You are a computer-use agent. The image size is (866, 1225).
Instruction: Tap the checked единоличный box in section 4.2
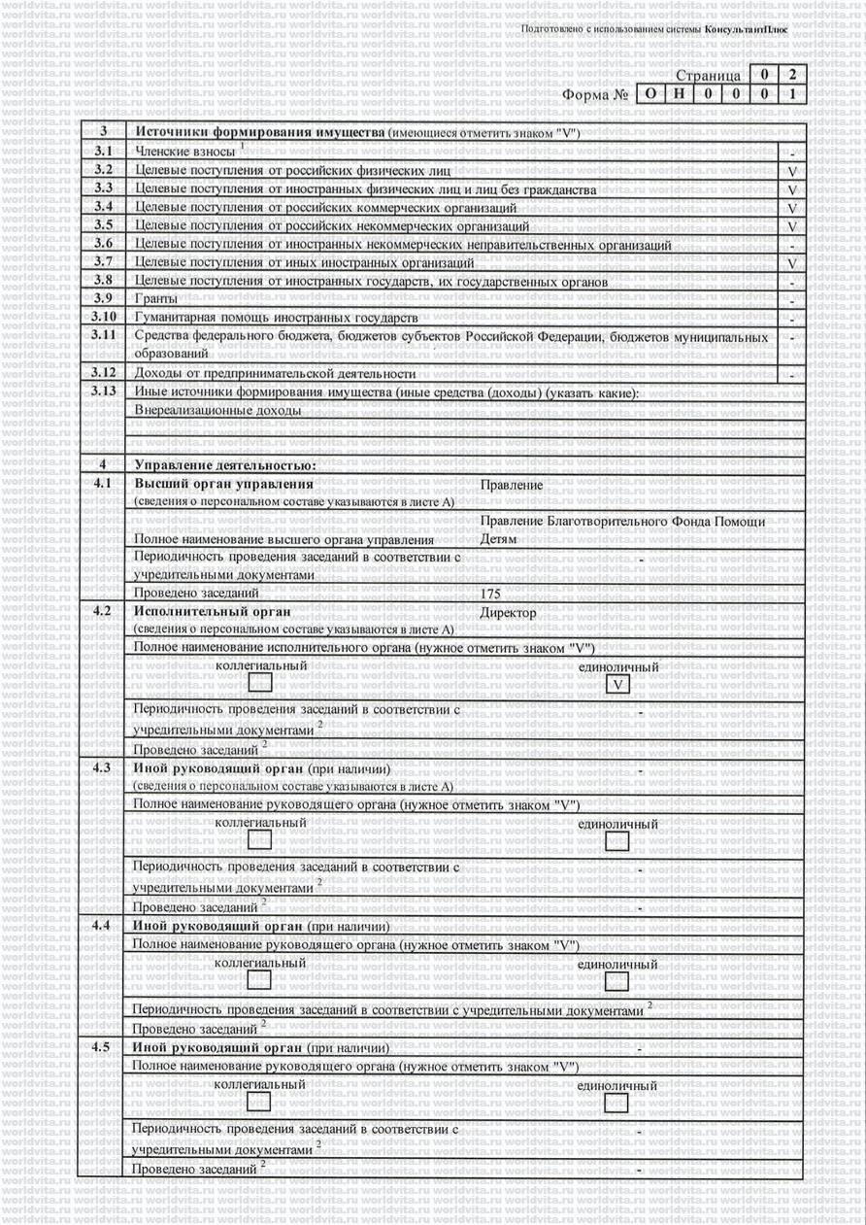point(616,686)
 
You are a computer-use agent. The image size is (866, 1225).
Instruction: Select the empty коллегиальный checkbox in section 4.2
point(260,683)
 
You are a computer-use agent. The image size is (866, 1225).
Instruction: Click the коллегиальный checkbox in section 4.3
point(260,840)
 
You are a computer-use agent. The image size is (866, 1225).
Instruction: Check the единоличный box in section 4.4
point(616,981)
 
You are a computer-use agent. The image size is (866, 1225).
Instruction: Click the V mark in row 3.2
point(792,171)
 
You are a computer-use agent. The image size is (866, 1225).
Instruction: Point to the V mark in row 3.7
point(792,263)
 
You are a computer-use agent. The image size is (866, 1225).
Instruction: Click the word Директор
point(508,614)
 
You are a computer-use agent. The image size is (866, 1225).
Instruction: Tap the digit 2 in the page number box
point(793,74)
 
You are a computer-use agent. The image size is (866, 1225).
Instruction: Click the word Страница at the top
point(708,76)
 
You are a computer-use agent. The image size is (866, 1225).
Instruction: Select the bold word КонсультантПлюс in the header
point(748,30)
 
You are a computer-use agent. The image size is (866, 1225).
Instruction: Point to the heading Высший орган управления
point(223,484)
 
